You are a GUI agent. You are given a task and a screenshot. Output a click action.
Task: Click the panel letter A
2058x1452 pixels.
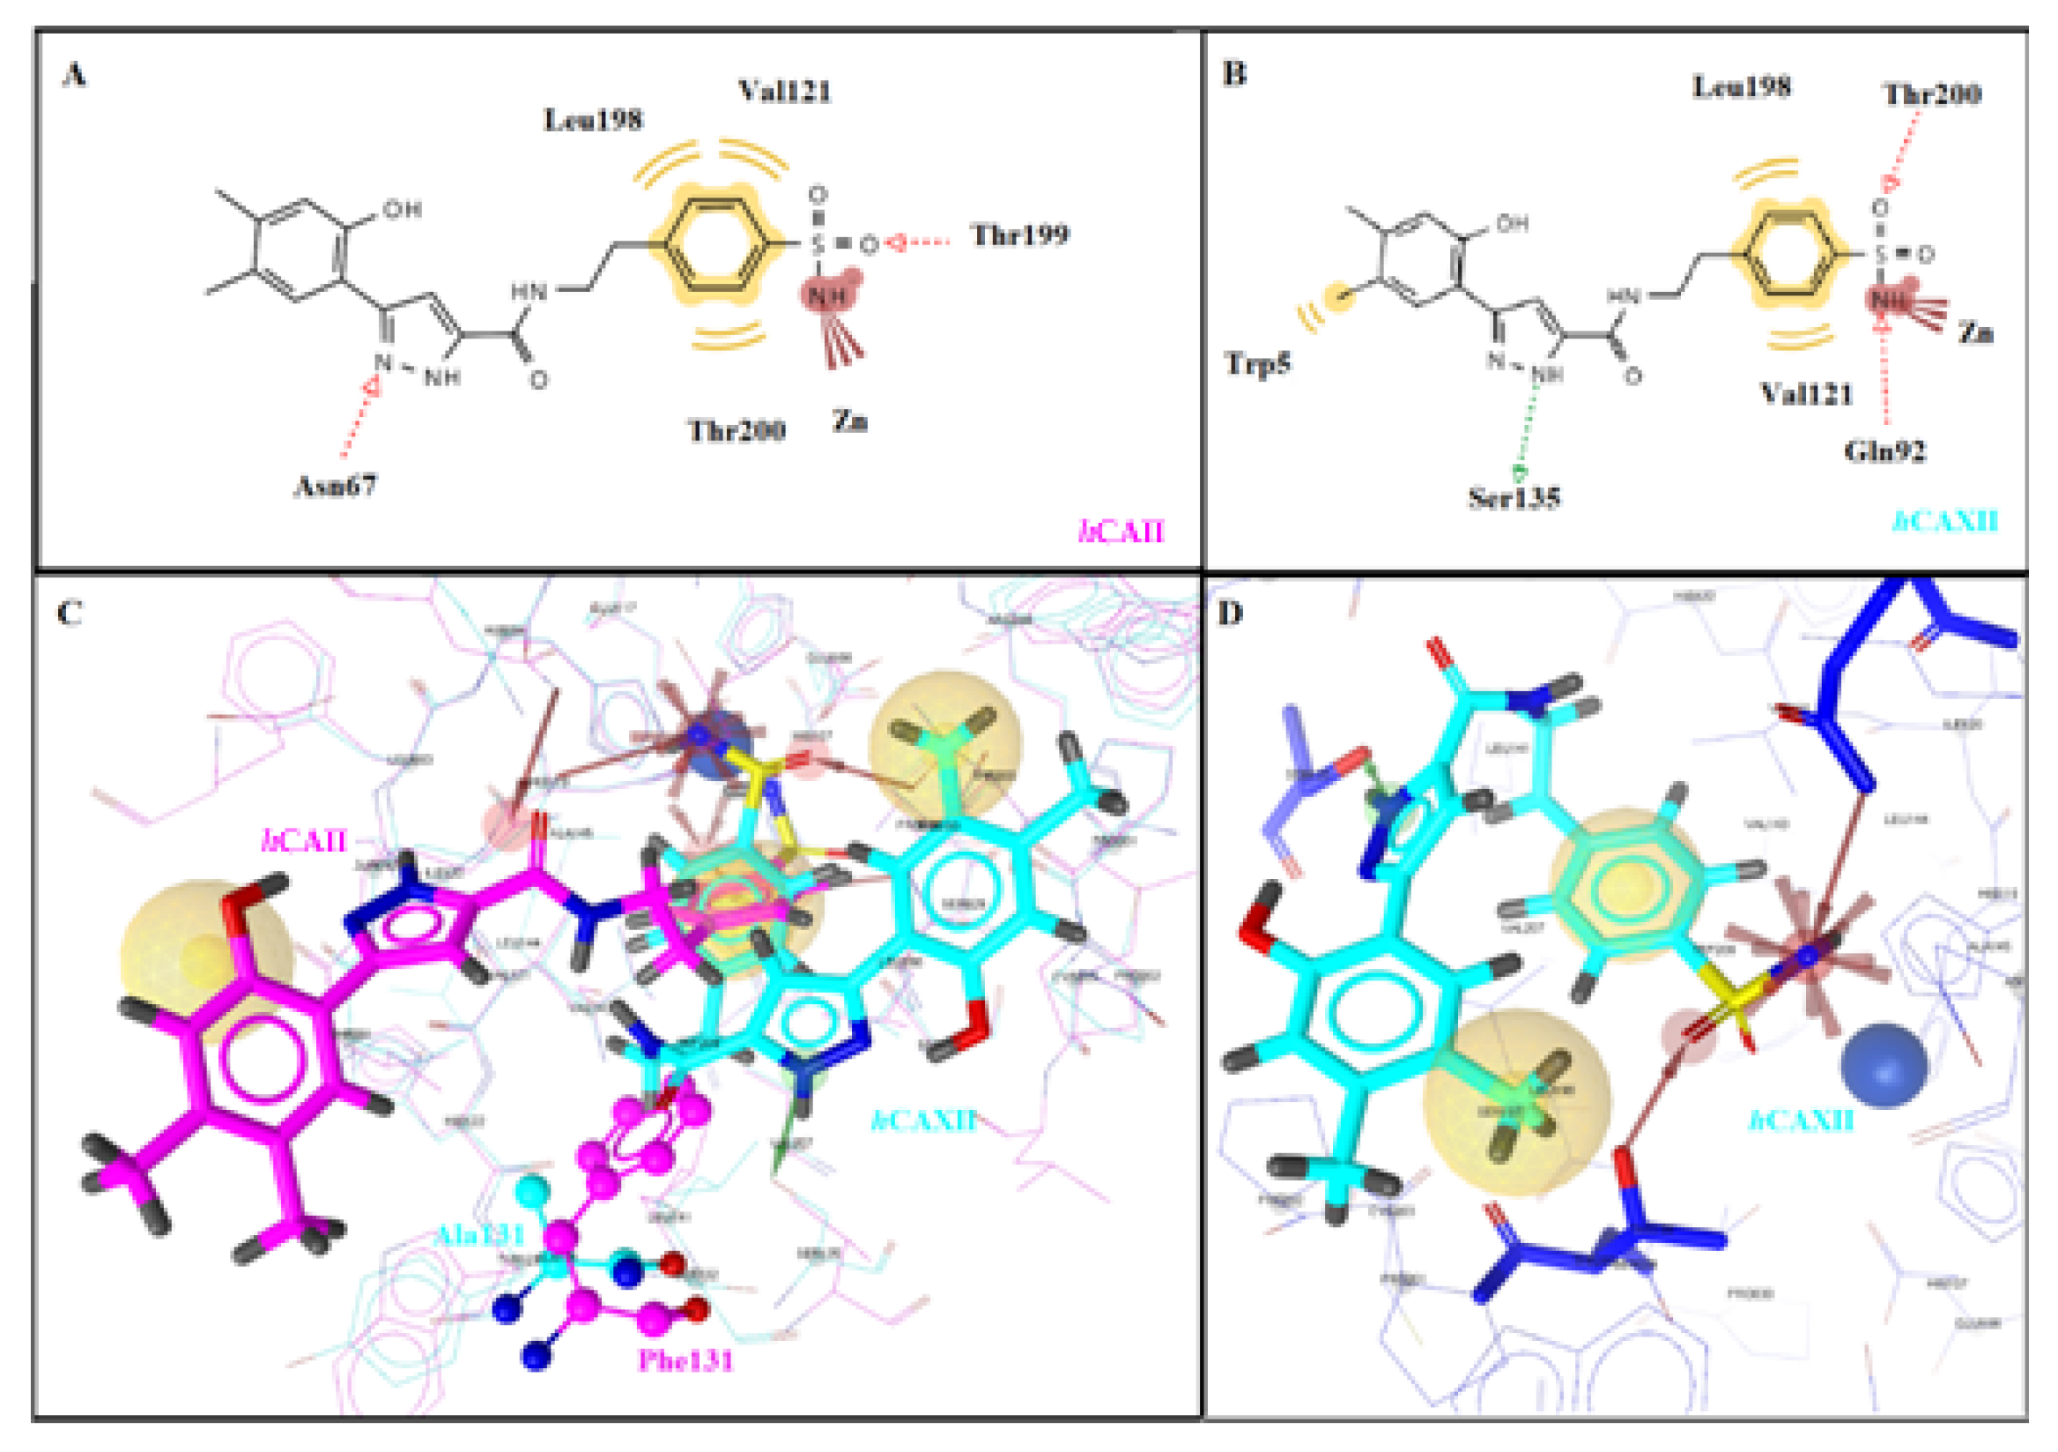(x=74, y=73)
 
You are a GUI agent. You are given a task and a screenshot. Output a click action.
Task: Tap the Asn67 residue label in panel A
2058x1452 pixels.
(x=336, y=486)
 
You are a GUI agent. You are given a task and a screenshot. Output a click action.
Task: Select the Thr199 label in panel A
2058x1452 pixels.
(x=1019, y=235)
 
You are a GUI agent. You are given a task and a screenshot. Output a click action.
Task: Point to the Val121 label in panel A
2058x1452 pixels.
(x=784, y=91)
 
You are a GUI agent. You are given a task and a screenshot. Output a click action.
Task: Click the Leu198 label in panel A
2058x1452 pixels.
(x=593, y=119)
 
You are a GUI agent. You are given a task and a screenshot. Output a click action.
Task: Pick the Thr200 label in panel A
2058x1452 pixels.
(x=736, y=430)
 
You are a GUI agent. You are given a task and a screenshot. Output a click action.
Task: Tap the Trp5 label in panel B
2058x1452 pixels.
(x=1257, y=363)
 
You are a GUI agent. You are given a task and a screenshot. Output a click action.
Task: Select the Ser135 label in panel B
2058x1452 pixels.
(x=1513, y=498)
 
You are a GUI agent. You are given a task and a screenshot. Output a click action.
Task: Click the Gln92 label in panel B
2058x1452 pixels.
(x=1884, y=450)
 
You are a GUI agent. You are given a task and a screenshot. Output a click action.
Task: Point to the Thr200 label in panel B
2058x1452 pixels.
(x=1932, y=93)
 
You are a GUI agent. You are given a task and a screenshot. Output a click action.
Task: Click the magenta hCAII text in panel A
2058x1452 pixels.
(x=1121, y=532)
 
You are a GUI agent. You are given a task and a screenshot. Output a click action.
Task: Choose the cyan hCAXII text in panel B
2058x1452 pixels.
(x=1944, y=521)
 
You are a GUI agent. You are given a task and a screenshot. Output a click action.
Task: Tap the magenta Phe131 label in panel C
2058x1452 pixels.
(x=685, y=1360)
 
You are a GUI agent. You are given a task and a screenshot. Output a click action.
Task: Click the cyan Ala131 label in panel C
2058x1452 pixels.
(x=479, y=1235)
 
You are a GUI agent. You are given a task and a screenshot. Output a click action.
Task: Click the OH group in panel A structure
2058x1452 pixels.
(x=402, y=210)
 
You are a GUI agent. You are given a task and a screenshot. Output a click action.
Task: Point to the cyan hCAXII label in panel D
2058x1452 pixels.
(x=1801, y=1121)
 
